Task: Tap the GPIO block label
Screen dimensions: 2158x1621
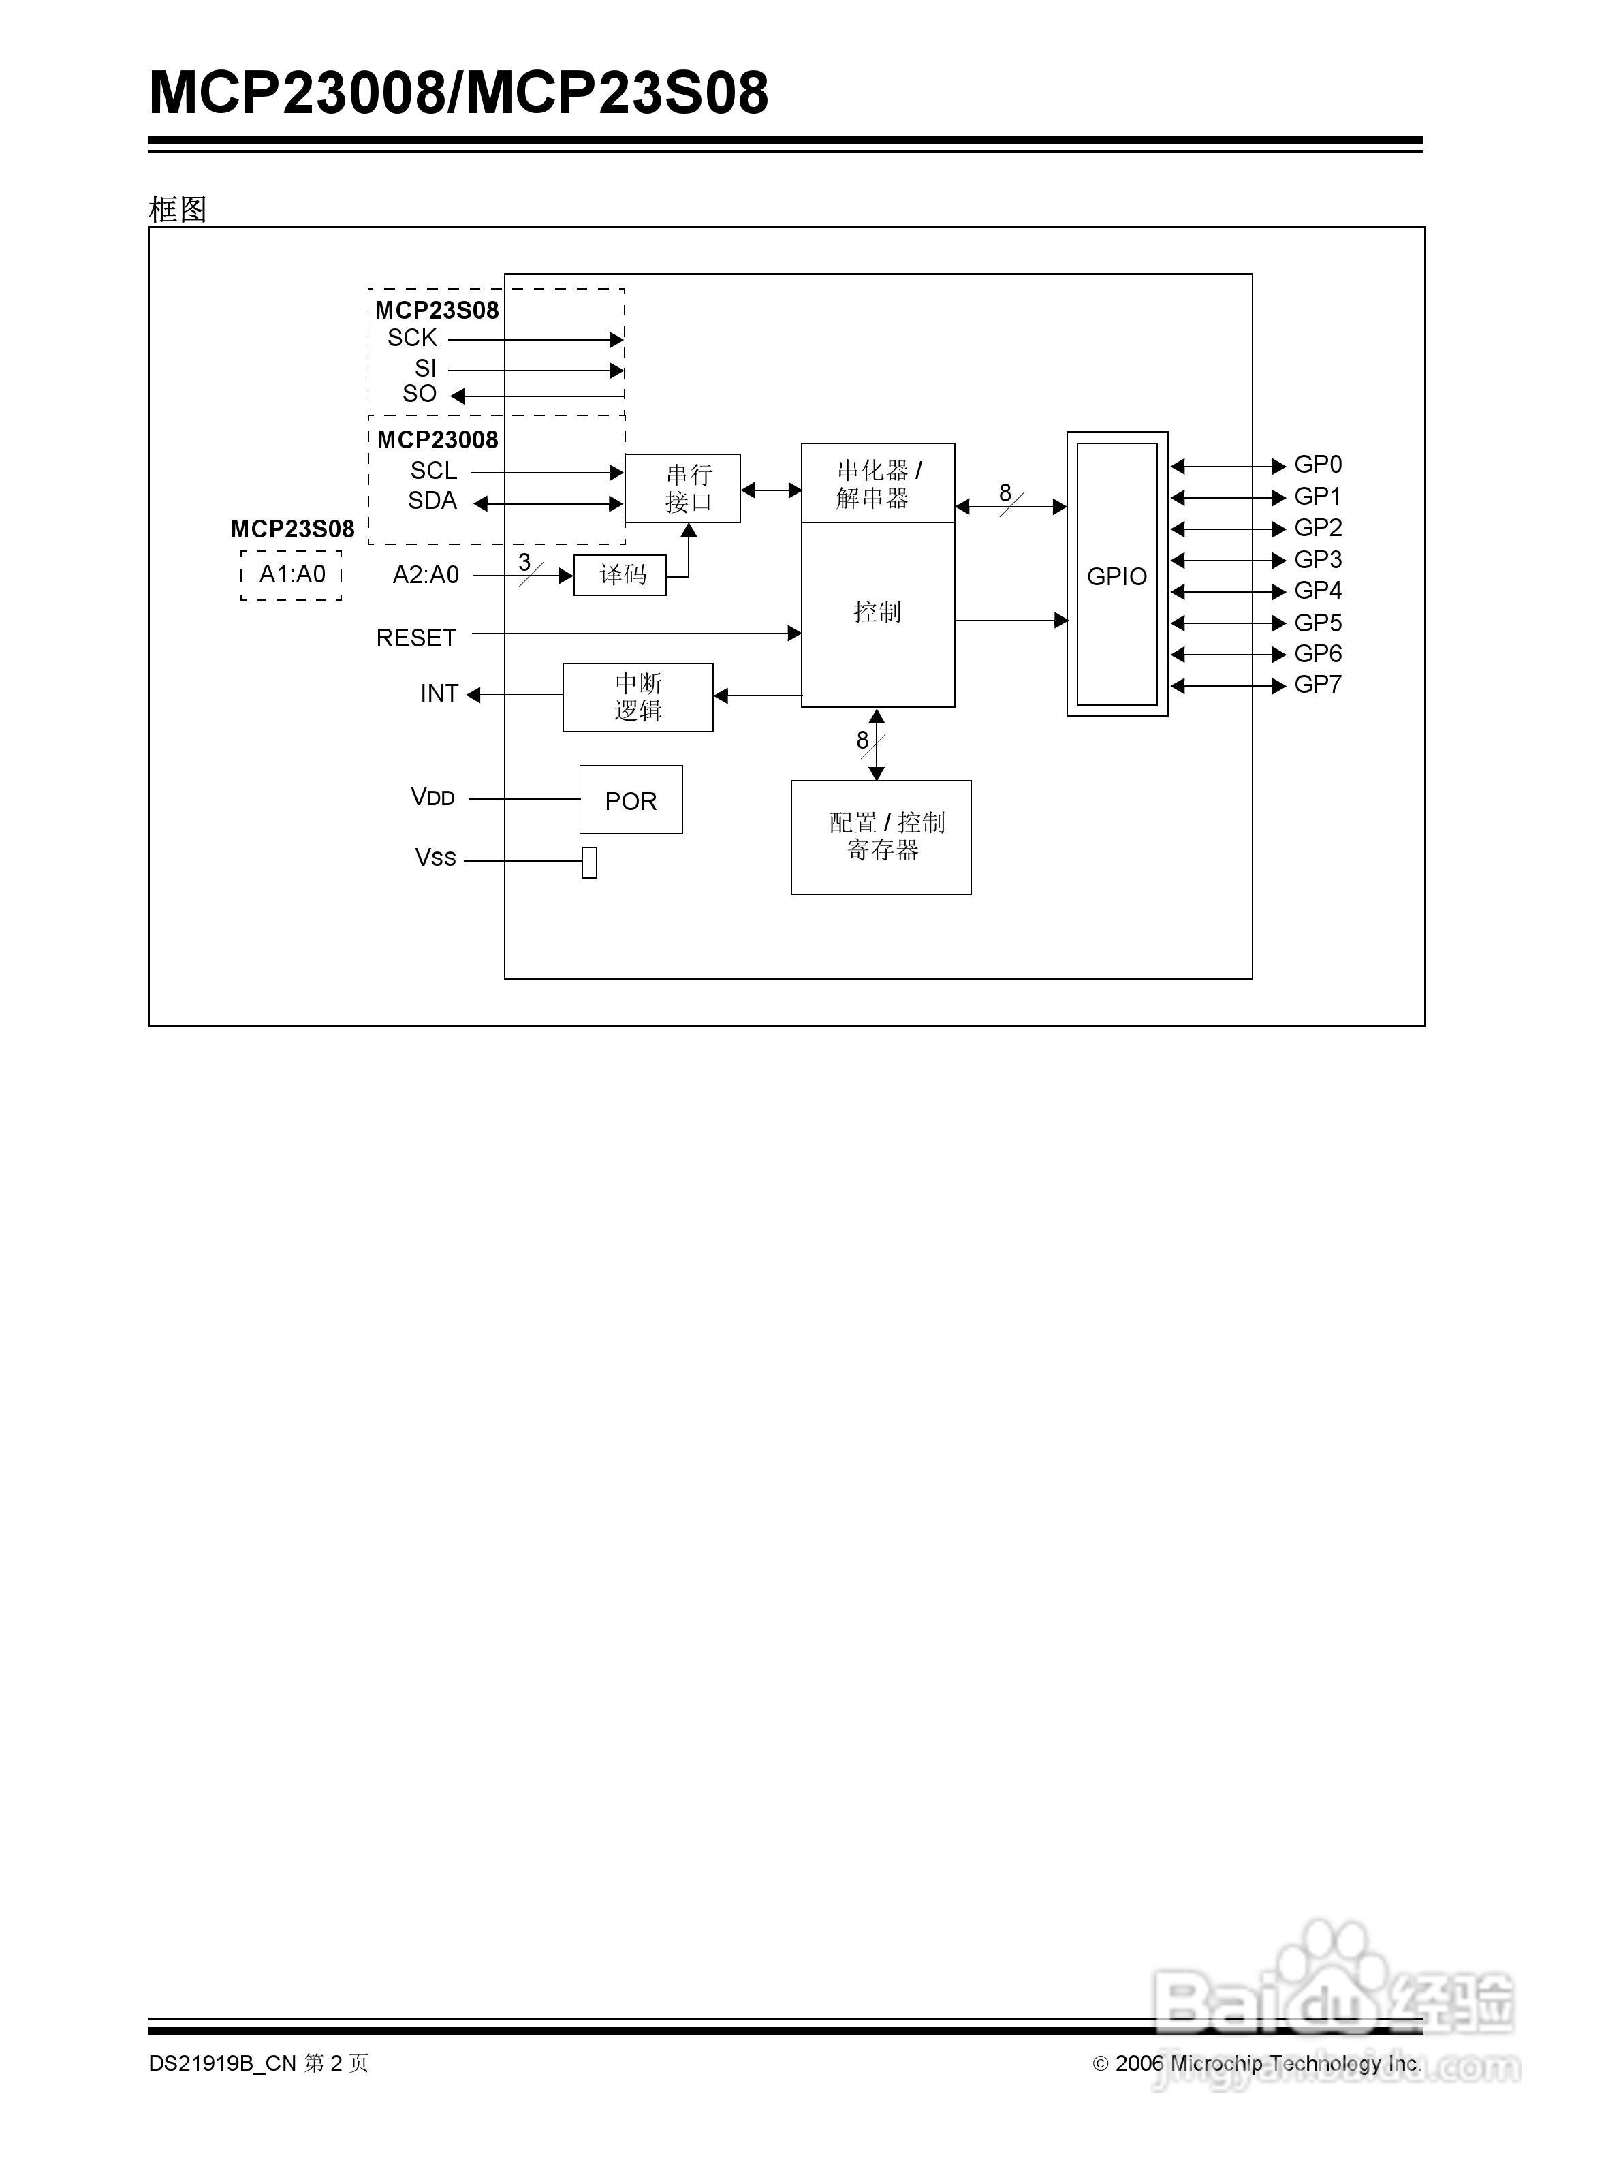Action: [1117, 576]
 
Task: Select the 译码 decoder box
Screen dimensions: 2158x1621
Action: [620, 575]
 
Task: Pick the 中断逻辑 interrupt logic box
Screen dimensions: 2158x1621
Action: [638, 698]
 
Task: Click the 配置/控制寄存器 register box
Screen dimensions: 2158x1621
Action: [881, 837]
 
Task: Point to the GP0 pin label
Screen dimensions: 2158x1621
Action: [1318, 465]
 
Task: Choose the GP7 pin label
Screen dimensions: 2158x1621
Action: [1318, 685]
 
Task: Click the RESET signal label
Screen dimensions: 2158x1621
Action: [416, 638]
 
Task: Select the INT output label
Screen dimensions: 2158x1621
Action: [439, 693]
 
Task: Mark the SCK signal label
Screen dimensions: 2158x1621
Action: [411, 339]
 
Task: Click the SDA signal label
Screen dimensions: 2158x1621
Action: [432, 501]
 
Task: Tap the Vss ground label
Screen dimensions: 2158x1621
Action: [435, 858]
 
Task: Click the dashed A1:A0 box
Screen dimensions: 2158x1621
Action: [292, 575]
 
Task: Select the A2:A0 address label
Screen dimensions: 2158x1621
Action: [425, 576]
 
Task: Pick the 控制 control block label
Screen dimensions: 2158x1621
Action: [877, 612]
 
